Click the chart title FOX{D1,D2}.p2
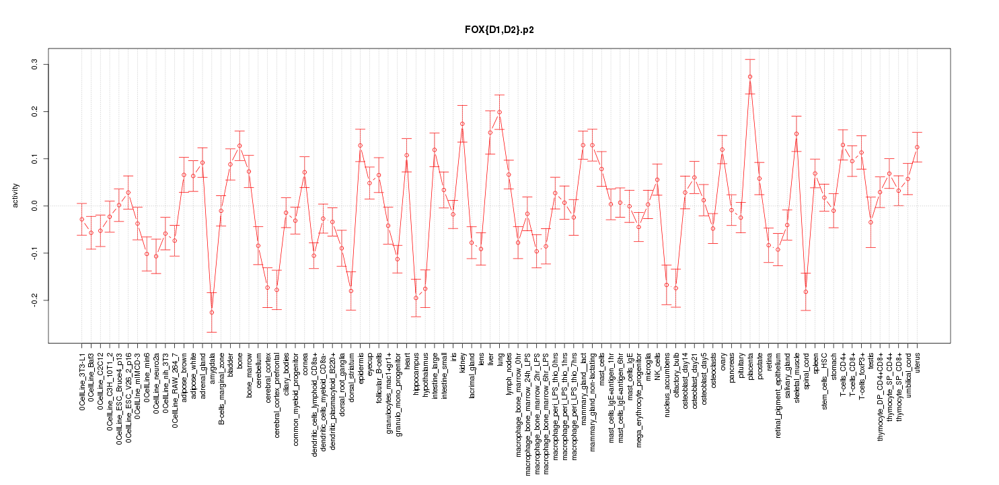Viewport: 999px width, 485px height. pos(499,30)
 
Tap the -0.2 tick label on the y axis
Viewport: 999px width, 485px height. pos(36,300)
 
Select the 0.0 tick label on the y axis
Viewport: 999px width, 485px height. pos(36,205)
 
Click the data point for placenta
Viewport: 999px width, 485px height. pos(750,77)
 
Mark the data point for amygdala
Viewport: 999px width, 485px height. pos(211,313)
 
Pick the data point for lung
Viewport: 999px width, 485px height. pos(499,112)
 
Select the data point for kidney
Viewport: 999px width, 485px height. pos(462,124)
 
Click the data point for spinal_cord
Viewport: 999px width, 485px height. pos(806,292)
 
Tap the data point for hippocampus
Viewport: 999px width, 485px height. pos(416,298)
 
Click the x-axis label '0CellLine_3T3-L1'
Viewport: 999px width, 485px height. pos(82,379)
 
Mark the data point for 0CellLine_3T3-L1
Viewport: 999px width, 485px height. pos(81,219)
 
